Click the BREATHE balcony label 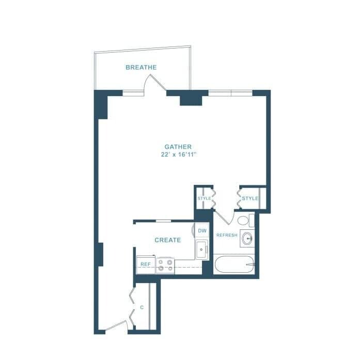click(x=141, y=68)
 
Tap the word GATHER click(x=178, y=147)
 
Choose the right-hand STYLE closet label click(x=249, y=198)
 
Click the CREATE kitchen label click(x=168, y=240)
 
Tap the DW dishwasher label click(x=202, y=231)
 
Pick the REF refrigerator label click(x=146, y=264)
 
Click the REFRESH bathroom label click(x=227, y=236)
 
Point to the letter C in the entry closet click(x=142, y=308)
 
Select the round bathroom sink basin click(x=248, y=239)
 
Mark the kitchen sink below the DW click(x=201, y=249)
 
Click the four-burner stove click(x=165, y=265)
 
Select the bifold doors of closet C click(x=132, y=308)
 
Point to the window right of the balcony click(x=230, y=93)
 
